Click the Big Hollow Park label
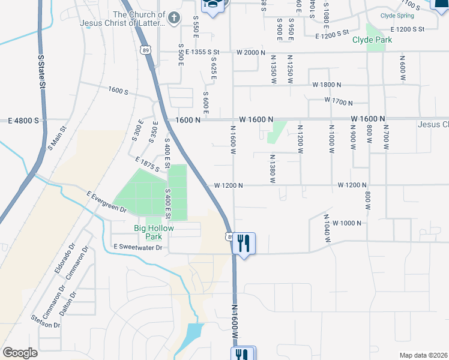[x=154, y=232]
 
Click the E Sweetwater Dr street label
[x=138, y=247]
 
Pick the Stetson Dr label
[x=49, y=322]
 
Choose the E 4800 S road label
[x=23, y=121]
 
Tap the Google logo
[x=20, y=353]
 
